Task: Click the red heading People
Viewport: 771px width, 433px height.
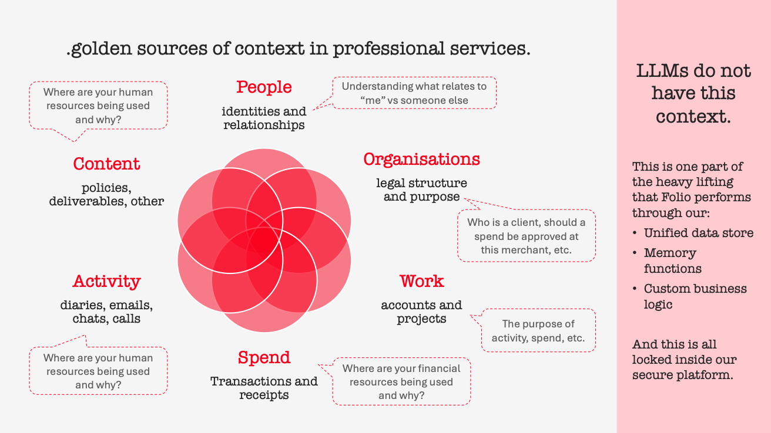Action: click(x=264, y=87)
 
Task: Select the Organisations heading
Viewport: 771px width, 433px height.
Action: click(x=421, y=160)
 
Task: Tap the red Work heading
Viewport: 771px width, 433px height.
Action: click(x=421, y=282)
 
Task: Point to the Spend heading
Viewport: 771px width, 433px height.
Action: click(x=264, y=358)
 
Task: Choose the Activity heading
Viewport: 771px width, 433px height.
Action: click(x=106, y=282)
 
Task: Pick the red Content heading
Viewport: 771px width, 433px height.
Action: click(x=106, y=164)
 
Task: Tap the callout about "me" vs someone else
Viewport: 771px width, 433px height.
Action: click(x=414, y=93)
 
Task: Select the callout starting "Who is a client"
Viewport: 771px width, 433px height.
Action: click(x=526, y=236)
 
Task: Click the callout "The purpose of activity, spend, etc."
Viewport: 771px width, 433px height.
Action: click(x=538, y=331)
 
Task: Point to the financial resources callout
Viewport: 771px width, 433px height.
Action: click(x=401, y=382)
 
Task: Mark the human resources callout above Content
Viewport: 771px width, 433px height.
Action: click(x=98, y=106)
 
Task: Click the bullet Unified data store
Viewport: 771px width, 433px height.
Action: click(x=698, y=233)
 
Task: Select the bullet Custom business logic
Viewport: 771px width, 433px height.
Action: click(x=695, y=296)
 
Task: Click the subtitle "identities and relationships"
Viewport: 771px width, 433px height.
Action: click(x=264, y=118)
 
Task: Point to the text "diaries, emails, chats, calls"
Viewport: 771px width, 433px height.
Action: click(x=106, y=312)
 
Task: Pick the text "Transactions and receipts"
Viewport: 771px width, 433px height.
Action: click(x=264, y=388)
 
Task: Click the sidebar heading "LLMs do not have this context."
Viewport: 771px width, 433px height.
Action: click(x=693, y=93)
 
